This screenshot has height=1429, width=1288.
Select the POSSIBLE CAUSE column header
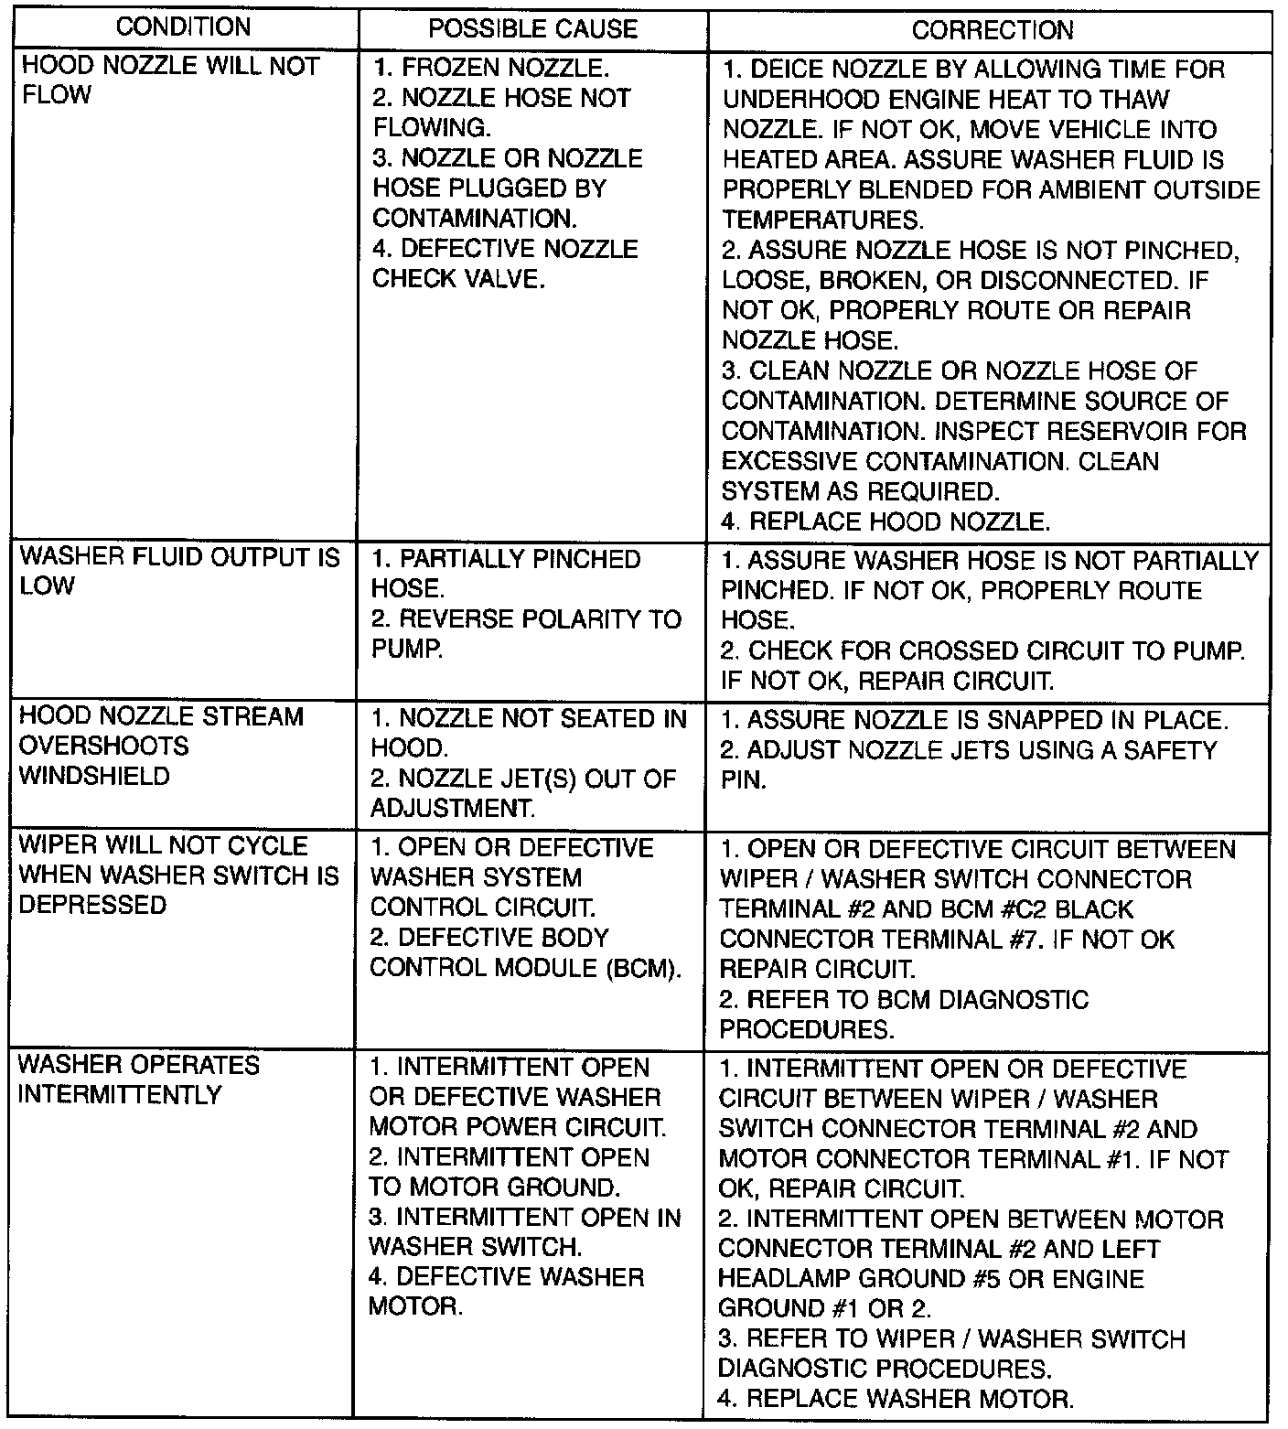[x=532, y=28]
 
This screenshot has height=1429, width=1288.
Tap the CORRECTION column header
[x=992, y=30]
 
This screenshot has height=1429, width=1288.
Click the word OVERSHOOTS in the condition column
[x=103, y=746]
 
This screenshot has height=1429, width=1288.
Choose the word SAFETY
[x=1172, y=750]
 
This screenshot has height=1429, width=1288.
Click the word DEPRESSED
[x=92, y=905]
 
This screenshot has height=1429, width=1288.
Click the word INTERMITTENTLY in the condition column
[x=120, y=1095]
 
